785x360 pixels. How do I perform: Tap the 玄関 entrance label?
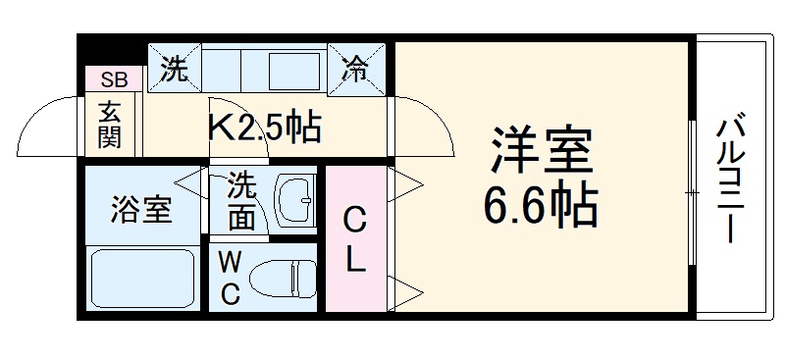pos(109,125)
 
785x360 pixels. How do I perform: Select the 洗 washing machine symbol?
pos(175,70)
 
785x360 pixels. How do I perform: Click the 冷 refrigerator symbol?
pos(354,69)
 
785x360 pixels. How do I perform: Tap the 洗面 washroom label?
pos(241,200)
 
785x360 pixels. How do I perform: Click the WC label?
pos(229,279)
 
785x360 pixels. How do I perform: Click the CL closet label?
pos(357,240)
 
